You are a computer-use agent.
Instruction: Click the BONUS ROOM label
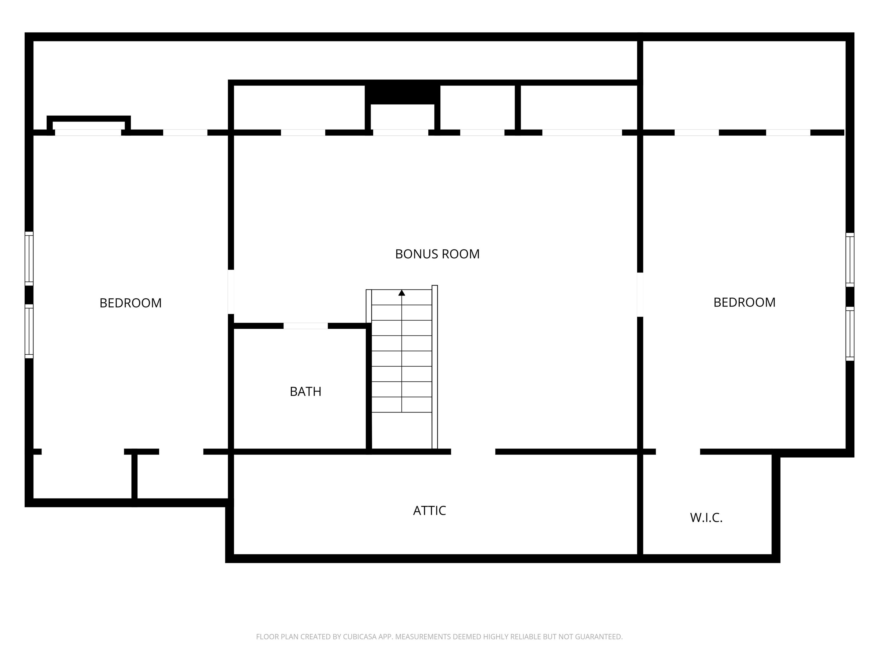[437, 254]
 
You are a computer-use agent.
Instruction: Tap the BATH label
[305, 392]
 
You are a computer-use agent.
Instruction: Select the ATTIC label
[429, 511]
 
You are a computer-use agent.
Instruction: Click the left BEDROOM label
[130, 303]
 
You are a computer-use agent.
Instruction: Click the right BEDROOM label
[744, 302]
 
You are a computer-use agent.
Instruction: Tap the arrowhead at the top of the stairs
[402, 293]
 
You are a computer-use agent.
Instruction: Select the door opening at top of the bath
[305, 326]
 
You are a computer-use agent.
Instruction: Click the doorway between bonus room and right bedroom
[640, 294]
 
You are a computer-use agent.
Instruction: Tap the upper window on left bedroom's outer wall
[29, 259]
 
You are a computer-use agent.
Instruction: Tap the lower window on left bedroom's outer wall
[29, 331]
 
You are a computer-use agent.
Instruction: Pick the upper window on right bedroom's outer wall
[850, 260]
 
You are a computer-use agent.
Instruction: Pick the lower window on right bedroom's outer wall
[850, 334]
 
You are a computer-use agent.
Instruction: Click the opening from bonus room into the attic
[473, 452]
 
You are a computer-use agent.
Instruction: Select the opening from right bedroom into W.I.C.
[678, 452]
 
